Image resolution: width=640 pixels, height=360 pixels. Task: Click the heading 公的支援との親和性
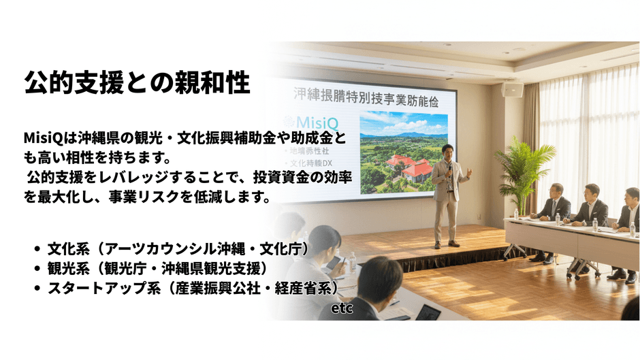click(137, 82)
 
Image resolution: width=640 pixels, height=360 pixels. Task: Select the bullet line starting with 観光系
click(157, 269)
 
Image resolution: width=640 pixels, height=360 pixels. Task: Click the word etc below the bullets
click(342, 309)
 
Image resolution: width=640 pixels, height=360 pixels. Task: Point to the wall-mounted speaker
click(512, 88)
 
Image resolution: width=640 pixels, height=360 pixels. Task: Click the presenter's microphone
click(449, 167)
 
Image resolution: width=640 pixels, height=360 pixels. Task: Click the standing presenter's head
click(447, 150)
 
